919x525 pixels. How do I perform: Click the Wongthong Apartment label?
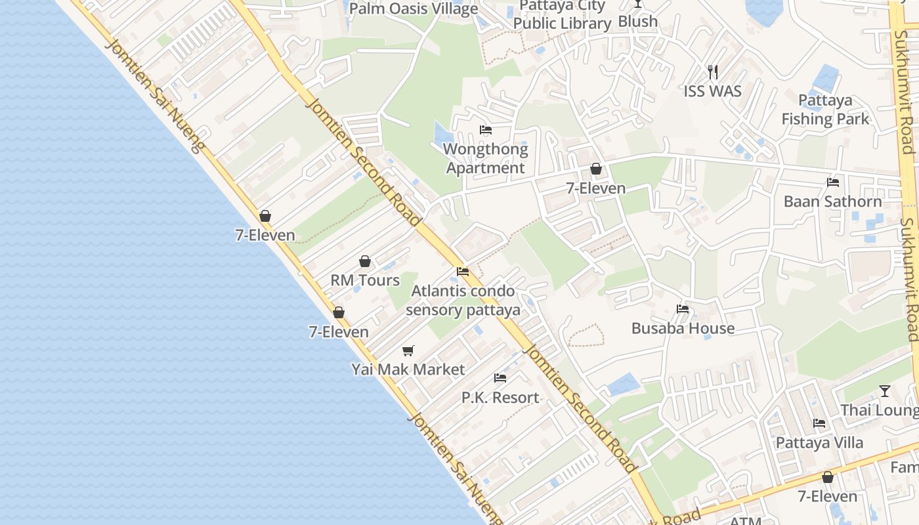pyautogui.click(x=486, y=159)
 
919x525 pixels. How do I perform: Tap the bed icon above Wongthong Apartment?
pyautogui.click(x=486, y=130)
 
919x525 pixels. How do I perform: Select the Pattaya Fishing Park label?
pyautogui.click(x=825, y=110)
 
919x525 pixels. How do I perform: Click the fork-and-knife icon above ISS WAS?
pyautogui.click(x=713, y=72)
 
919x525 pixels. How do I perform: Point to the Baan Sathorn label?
pyautogui.click(x=832, y=201)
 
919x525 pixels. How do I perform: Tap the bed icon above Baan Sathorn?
pyautogui.click(x=833, y=182)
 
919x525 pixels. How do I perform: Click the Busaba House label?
pyautogui.click(x=683, y=328)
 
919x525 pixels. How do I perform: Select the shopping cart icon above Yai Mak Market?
pyautogui.click(x=408, y=351)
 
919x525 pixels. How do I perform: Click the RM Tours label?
pyautogui.click(x=365, y=280)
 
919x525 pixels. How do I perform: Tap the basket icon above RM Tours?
pyautogui.click(x=365, y=262)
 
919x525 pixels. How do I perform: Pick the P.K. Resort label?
pyautogui.click(x=500, y=397)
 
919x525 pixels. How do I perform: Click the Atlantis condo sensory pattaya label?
pyautogui.click(x=463, y=301)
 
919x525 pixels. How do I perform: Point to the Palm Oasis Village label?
pyautogui.click(x=414, y=9)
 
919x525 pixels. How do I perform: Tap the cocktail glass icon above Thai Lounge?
pyautogui.click(x=885, y=391)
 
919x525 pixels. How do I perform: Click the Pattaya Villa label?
pyautogui.click(x=819, y=442)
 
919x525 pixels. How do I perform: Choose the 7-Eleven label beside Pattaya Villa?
pyautogui.click(x=827, y=496)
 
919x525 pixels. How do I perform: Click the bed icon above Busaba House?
pyautogui.click(x=683, y=309)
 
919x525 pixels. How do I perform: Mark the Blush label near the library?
pyautogui.click(x=637, y=22)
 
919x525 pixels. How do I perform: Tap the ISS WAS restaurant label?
pyautogui.click(x=713, y=91)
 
